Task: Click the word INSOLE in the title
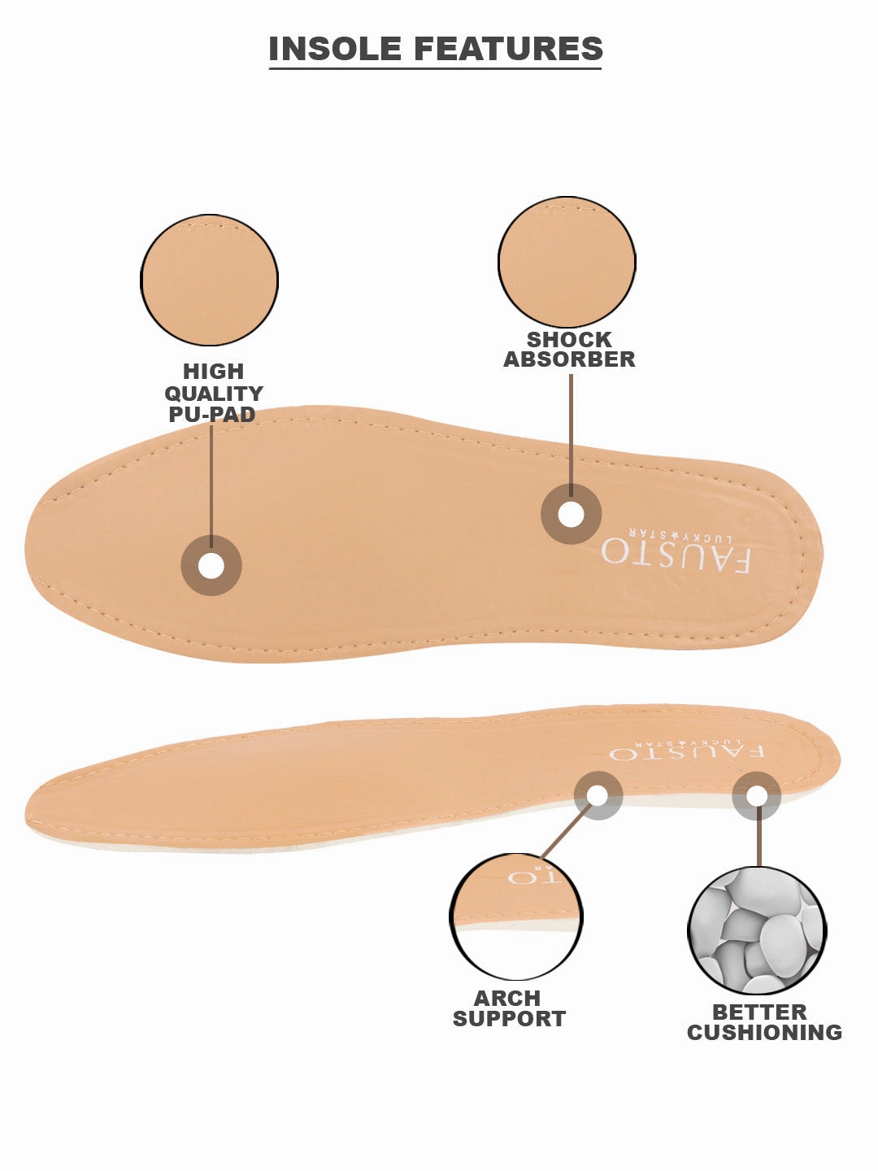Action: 336,49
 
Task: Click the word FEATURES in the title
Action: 508,49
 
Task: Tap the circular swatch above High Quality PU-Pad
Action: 209,280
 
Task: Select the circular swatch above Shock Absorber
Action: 567,262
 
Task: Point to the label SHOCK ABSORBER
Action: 569,350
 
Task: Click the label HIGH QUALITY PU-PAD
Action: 213,393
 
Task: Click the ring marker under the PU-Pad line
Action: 211,565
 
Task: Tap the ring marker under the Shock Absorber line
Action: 572,514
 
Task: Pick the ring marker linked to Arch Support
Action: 598,795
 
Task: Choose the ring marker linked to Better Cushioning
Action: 757,795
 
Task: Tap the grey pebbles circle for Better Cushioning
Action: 757,930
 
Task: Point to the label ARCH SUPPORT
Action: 509,1008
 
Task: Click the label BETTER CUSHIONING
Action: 764,1022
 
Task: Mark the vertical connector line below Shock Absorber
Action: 572,431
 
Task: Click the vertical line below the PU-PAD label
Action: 211,480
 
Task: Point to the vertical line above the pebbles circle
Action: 758,842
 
